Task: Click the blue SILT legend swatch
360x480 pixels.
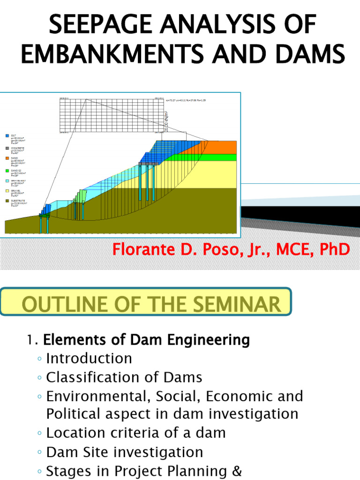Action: [7, 135]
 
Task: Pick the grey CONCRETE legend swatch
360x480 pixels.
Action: [7, 148]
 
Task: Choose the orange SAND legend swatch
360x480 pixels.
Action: [7, 159]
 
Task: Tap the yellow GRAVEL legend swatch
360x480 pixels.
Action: [7, 191]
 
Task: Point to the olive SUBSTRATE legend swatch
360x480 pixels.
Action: [7, 201]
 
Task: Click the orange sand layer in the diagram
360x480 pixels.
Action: [220, 147]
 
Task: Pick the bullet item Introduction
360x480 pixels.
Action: [89, 359]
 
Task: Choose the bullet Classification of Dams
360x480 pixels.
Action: [124, 377]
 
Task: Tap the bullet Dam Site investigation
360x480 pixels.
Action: [125, 452]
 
